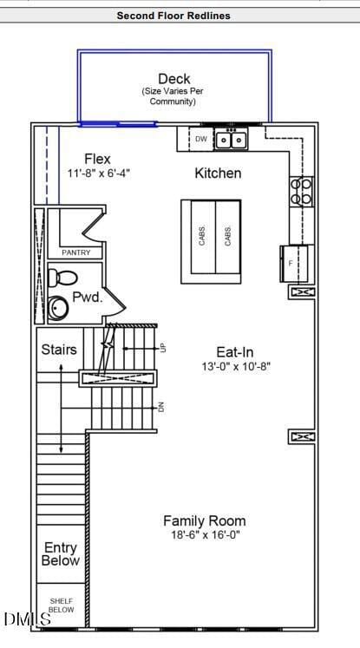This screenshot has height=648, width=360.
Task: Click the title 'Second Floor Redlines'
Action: (x=173, y=16)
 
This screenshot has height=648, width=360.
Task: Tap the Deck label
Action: (x=174, y=79)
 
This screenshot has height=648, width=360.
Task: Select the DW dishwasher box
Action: (x=201, y=139)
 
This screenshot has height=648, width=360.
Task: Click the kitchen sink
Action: (x=231, y=139)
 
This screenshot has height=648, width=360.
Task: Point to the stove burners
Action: (x=301, y=191)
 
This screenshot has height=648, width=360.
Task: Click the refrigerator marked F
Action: (x=294, y=264)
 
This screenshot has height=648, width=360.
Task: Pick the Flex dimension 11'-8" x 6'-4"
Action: (x=99, y=173)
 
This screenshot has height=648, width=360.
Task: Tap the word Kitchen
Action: (x=218, y=173)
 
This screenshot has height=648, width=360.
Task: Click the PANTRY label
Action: (x=76, y=252)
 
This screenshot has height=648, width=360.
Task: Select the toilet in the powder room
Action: (x=62, y=278)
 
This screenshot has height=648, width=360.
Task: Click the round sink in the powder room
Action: (x=60, y=307)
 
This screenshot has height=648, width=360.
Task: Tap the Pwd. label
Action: (x=88, y=298)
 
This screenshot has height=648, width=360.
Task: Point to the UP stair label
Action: (x=162, y=349)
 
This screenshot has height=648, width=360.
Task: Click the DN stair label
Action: (x=161, y=407)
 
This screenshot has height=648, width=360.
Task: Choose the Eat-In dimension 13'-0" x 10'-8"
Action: (x=236, y=367)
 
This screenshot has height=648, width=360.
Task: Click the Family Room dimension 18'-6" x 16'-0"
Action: (x=206, y=534)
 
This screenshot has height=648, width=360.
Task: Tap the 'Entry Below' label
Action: (x=61, y=554)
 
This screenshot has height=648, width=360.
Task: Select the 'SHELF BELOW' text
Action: (x=62, y=605)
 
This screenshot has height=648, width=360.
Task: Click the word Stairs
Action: (x=59, y=350)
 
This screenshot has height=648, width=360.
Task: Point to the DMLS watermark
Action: (x=27, y=619)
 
